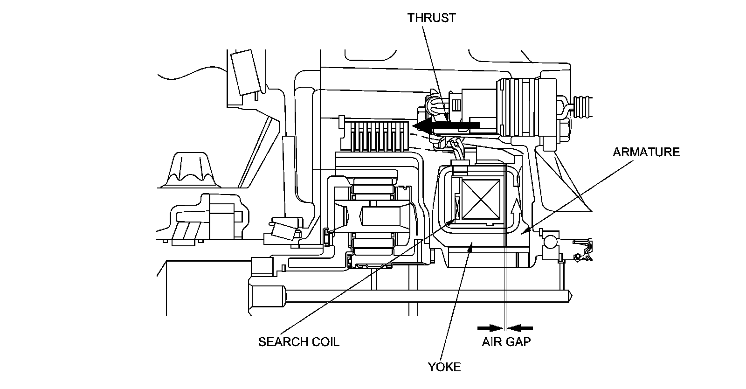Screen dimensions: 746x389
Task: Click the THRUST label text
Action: point(432,18)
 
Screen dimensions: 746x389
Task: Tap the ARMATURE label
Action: point(646,152)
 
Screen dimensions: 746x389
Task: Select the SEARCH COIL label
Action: point(299,342)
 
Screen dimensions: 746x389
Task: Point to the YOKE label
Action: point(444,367)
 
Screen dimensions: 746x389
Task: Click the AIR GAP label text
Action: point(506,342)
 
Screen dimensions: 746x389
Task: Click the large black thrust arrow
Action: point(446,125)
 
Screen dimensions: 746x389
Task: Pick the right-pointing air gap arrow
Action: point(490,328)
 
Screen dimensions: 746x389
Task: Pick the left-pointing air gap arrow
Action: point(520,328)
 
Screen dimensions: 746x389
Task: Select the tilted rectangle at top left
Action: point(246,72)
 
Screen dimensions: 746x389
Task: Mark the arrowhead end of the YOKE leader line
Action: point(472,243)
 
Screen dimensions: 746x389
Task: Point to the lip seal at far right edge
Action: point(583,250)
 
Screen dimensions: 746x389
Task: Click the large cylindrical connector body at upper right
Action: point(526,107)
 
